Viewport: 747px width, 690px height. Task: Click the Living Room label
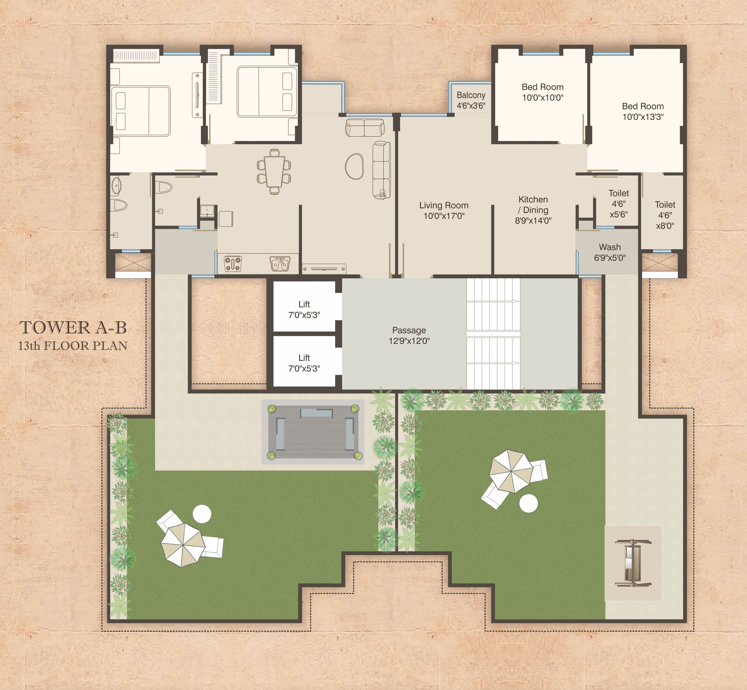pos(444,210)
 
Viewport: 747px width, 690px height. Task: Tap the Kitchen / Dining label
pos(533,210)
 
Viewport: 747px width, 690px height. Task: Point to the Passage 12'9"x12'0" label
pos(409,335)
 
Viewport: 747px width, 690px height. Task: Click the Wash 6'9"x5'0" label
pos(610,252)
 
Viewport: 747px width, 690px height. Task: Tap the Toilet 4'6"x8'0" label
pos(665,215)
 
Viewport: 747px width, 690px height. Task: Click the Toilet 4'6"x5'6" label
pos(619,204)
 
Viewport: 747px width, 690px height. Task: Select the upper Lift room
pos(304,306)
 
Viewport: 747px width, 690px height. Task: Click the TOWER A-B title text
pos(73,328)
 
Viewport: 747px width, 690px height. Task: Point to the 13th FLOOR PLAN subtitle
pos(73,346)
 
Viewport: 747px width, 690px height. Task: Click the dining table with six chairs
pos(274,172)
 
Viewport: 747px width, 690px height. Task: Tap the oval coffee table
pos(354,166)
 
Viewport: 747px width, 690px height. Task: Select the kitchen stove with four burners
pos(233,264)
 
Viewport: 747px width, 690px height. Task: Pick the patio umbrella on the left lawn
pos(183,545)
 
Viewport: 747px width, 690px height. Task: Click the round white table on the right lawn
pos(529,503)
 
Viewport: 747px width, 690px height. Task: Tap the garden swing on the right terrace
pos(633,563)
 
